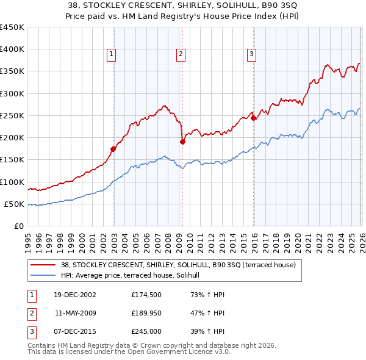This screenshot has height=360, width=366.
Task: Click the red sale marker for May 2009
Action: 182,142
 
